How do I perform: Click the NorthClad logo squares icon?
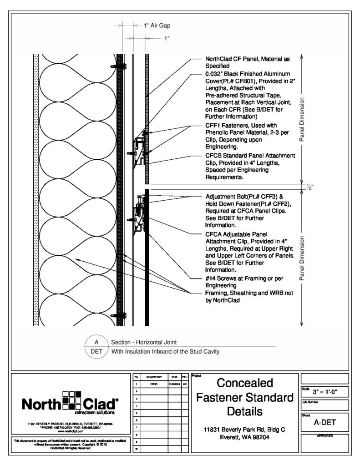tap(71, 400)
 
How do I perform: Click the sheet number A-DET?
tap(324, 422)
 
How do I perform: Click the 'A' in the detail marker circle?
tap(96, 342)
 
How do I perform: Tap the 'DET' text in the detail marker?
tap(96, 351)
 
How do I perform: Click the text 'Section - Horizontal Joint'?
tap(144, 342)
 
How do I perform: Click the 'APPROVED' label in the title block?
tap(325, 436)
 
